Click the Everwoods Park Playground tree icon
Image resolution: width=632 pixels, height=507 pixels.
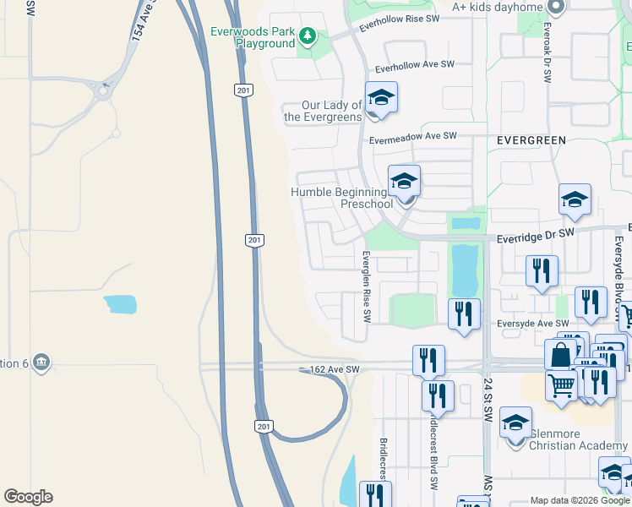coord(308,36)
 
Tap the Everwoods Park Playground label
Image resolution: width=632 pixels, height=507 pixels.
coord(253,37)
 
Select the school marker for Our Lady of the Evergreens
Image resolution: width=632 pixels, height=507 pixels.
coord(381,98)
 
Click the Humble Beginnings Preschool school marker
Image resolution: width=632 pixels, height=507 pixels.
coord(404,181)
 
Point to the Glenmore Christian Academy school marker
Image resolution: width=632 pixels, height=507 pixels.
coord(515,423)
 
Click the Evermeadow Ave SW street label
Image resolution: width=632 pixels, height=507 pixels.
coord(413,136)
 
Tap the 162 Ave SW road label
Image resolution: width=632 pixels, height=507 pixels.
coord(335,370)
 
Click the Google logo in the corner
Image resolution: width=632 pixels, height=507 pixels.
coord(28,497)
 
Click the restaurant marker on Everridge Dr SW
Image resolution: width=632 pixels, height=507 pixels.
coord(541,271)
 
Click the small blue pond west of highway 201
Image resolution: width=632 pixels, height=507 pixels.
coord(120,304)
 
